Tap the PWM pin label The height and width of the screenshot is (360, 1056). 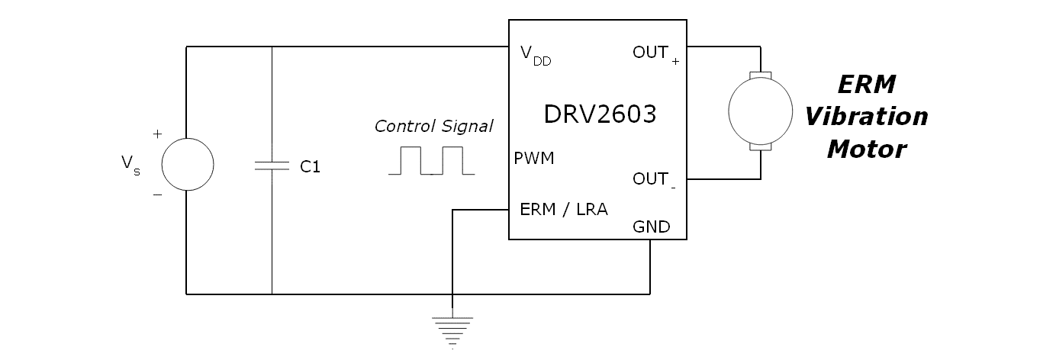534,159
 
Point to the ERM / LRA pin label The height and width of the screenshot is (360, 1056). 563,209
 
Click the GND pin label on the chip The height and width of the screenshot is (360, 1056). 651,227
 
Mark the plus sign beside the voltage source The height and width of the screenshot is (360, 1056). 157,134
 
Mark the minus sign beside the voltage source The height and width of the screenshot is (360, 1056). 157,195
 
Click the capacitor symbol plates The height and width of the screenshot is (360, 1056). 272,166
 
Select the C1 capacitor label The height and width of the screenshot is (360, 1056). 310,167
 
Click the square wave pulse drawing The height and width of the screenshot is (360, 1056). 430,161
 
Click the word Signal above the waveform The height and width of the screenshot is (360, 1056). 467,126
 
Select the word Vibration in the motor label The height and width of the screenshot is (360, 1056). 867,117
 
